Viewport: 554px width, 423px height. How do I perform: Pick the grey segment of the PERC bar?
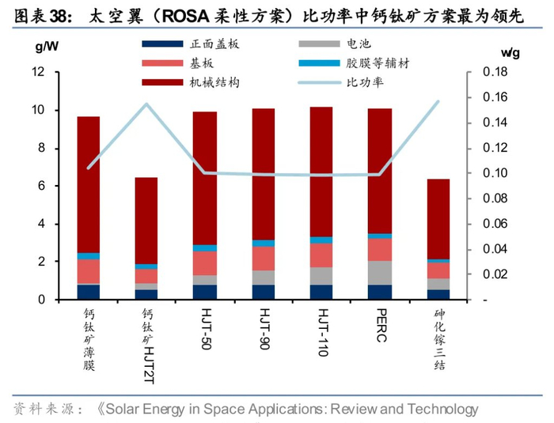coord(380,273)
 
